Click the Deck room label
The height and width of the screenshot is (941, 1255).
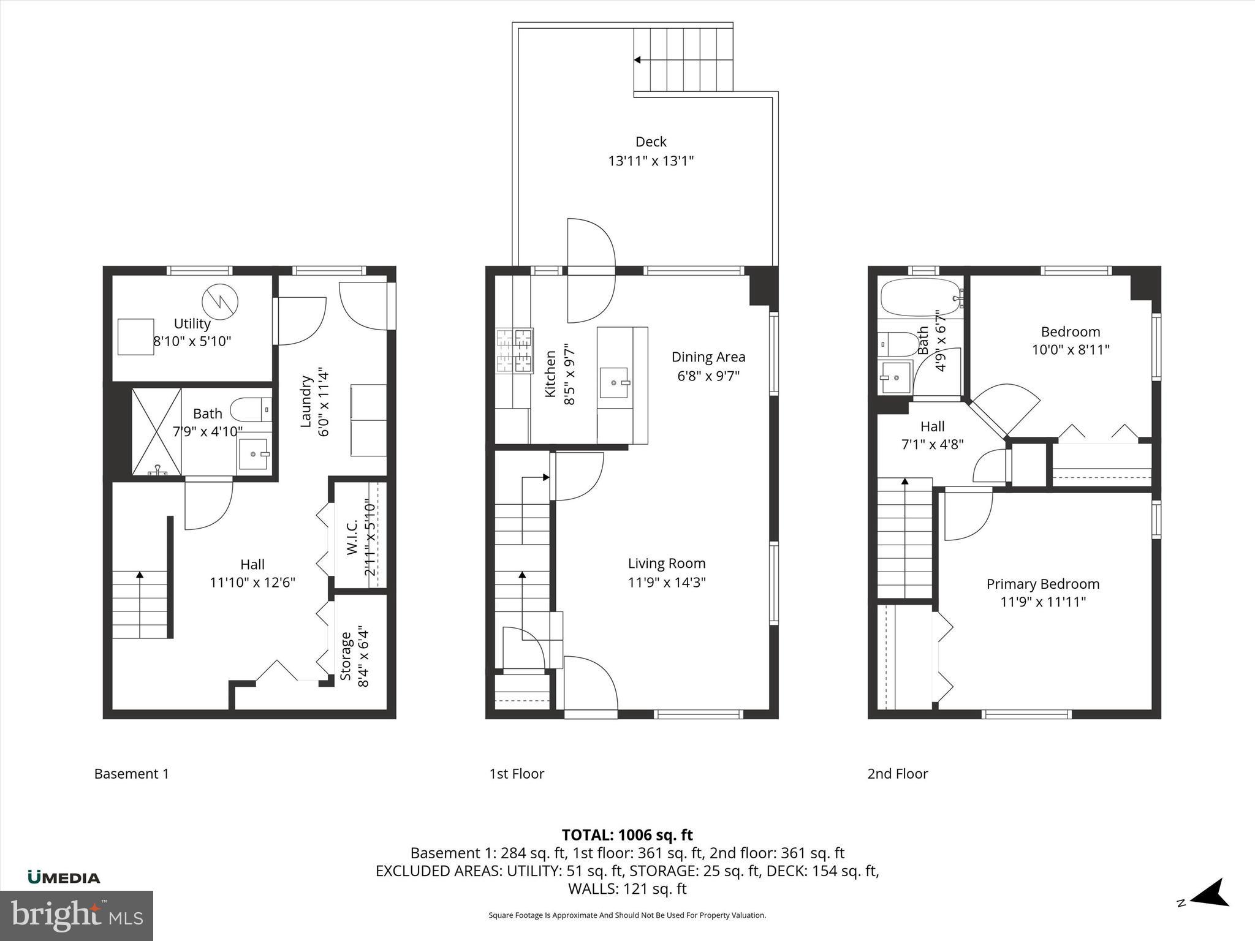pos(651,142)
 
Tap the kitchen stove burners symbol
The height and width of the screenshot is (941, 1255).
pos(514,350)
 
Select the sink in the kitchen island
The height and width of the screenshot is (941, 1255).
pos(613,382)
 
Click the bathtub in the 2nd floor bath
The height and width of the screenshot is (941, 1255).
pos(919,297)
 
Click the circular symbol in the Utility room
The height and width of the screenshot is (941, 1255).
pos(220,301)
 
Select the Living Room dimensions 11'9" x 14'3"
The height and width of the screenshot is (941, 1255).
pos(667,582)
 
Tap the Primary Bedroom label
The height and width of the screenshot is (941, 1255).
pos(1042,584)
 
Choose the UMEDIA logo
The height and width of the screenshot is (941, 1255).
pos(64,877)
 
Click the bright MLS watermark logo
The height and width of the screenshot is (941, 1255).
pos(77,915)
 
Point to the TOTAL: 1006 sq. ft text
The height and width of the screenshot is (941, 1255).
pos(627,835)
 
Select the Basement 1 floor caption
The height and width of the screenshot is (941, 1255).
pos(131,774)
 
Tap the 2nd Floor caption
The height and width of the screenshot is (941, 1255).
pos(897,774)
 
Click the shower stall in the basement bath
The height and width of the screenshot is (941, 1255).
pos(157,431)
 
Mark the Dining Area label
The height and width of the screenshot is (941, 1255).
pos(708,357)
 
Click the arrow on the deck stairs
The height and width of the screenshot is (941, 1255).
pos(637,60)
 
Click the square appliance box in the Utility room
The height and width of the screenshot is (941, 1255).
pos(136,336)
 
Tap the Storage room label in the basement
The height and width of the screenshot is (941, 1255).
pos(346,656)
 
